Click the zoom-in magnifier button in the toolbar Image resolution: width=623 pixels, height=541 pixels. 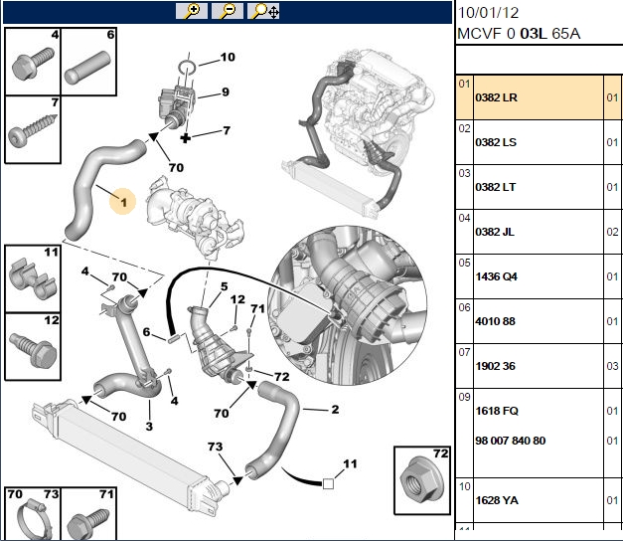tap(192, 11)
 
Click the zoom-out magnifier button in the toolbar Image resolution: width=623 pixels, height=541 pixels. tap(228, 11)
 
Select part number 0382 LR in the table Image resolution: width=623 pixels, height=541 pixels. tap(496, 97)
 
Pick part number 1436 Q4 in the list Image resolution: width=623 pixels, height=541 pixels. tap(496, 276)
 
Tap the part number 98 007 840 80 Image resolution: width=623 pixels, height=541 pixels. tap(511, 441)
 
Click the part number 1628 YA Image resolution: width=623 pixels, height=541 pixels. tap(497, 500)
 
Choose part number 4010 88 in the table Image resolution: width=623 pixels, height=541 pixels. tap(496, 321)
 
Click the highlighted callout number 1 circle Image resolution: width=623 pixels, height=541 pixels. tap(123, 202)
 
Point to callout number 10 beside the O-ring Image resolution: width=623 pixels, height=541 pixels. tap(228, 58)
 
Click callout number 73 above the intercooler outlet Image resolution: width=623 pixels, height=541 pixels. tap(215, 447)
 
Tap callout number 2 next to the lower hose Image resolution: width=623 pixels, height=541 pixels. tap(335, 410)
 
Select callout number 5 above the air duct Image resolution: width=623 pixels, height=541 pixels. tap(225, 286)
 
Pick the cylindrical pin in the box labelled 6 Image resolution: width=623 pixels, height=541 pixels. tap(87, 68)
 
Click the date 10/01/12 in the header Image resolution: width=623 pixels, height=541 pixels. tap(488, 13)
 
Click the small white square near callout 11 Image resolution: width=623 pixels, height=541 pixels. tap(328, 483)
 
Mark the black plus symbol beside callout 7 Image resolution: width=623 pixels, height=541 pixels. tap(186, 138)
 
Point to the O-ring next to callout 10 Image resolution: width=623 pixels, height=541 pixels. tap(187, 67)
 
